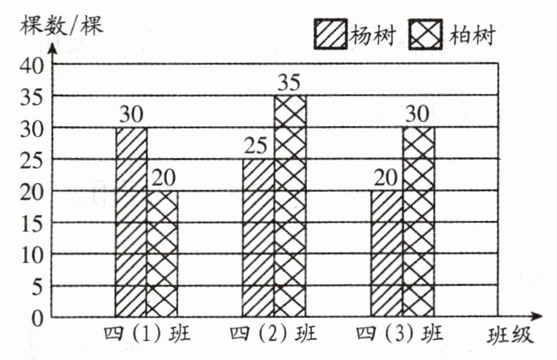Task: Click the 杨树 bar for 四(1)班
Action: [x=131, y=222]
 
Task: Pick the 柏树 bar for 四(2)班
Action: [x=290, y=206]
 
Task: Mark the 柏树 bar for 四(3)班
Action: [x=418, y=222]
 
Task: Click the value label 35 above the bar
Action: [x=290, y=82]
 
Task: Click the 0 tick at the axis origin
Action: [x=36, y=318]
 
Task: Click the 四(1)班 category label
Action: [x=147, y=336]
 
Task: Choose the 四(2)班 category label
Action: [x=274, y=336]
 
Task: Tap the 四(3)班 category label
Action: [x=402, y=336]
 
